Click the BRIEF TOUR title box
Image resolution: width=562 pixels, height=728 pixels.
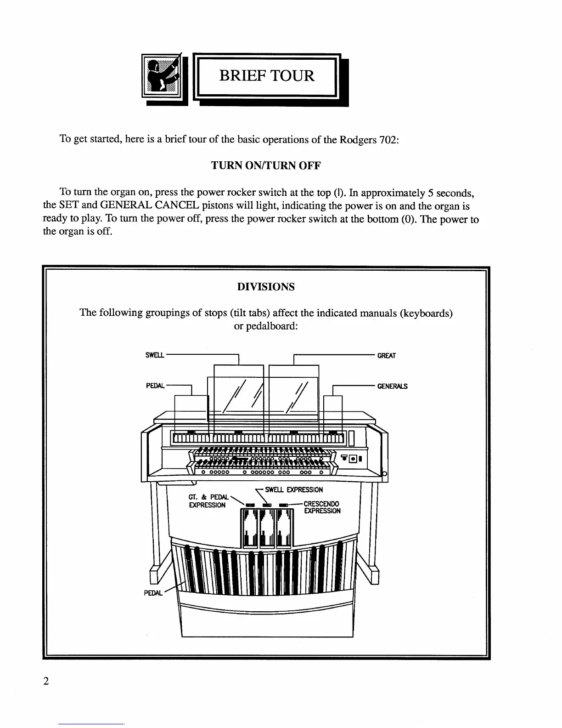pos(266,76)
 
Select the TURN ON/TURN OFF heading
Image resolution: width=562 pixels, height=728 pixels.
pos(265,166)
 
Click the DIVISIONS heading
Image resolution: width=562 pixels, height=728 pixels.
pos(266,287)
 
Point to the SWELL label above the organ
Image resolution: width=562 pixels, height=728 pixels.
pos(155,355)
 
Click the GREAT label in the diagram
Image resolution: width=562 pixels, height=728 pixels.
pos(387,355)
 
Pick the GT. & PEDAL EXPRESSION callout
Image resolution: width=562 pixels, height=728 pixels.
pos(208,501)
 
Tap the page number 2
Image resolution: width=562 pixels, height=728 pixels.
pos(45,681)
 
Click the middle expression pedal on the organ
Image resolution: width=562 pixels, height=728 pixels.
pos(267,529)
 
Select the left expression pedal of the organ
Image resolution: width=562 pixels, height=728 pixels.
pos(249,529)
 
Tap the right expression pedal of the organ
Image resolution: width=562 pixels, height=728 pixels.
pos(285,529)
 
